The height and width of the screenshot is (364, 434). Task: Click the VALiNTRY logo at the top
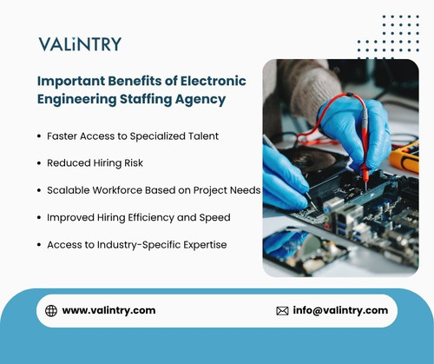coord(80,43)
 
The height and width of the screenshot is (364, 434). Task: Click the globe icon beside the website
coord(51,310)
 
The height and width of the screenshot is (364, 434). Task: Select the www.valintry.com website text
coord(108,310)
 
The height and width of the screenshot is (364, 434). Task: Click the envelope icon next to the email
coord(282,310)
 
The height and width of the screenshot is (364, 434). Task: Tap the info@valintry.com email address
coord(340,310)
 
